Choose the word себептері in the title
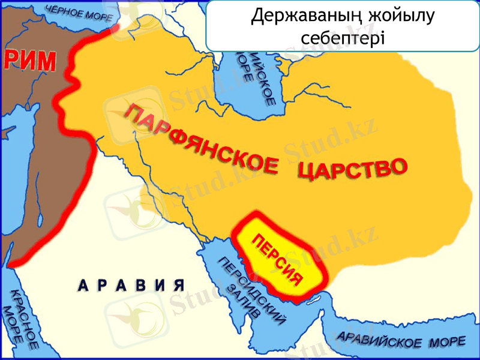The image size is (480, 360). (x=341, y=37)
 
